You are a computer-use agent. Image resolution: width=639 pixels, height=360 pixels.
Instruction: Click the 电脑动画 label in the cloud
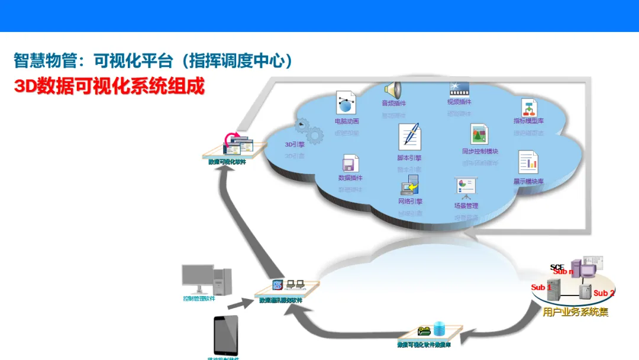tap(347, 121)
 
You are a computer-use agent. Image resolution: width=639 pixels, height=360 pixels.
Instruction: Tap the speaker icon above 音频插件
tap(393, 90)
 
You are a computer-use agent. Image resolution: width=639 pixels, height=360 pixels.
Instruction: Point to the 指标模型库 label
tap(528, 121)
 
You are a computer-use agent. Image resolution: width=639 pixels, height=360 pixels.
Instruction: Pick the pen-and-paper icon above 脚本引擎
tap(409, 136)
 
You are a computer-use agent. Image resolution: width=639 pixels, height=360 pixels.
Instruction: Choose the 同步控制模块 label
tap(480, 152)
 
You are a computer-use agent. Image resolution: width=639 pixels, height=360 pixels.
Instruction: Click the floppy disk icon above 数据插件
tap(350, 163)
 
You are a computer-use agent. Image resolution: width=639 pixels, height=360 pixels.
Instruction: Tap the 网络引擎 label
tap(410, 202)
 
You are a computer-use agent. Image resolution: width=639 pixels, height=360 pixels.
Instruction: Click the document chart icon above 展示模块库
tap(528, 162)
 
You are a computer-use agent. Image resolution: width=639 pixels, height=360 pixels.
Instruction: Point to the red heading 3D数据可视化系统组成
tap(109, 86)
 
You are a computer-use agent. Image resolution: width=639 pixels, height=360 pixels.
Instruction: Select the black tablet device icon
tap(226, 336)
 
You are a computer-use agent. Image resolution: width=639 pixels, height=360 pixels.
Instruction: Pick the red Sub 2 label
tap(604, 293)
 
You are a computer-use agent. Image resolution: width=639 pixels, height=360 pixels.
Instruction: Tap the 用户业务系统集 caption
tap(575, 312)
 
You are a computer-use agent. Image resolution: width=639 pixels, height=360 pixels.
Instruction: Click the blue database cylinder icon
tap(439, 329)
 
